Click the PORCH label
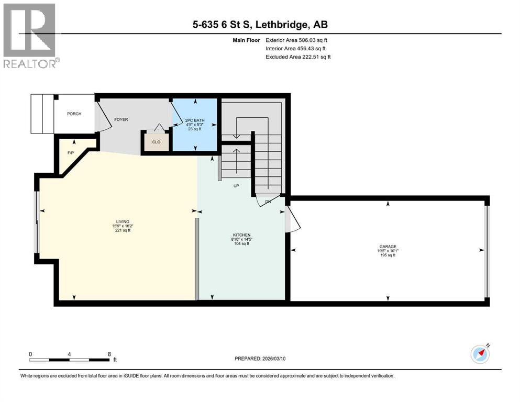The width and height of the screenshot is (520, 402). click(74, 114)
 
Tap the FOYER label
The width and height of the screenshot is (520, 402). click(121, 120)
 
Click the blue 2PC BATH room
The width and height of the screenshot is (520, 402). click(195, 124)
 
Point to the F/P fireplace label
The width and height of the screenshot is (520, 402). click(71, 153)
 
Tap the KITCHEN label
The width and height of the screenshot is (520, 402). click(241, 235)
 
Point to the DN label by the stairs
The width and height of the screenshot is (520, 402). click(268, 202)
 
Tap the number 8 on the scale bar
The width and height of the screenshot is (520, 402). click(109, 353)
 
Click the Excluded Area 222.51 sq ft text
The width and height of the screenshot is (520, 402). click(298, 57)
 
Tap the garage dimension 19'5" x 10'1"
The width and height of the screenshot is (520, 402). click(387, 251)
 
